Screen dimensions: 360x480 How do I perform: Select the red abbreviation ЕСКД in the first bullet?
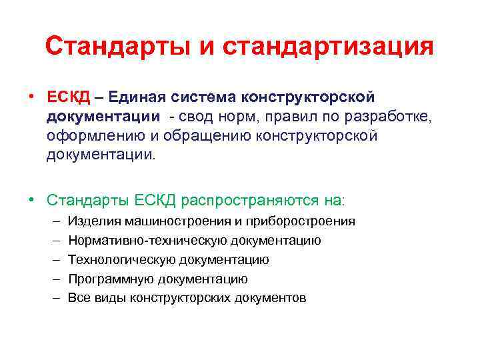click(x=69, y=98)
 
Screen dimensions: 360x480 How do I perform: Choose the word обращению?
click(x=210, y=137)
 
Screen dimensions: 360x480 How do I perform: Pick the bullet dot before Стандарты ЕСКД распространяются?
click(x=32, y=199)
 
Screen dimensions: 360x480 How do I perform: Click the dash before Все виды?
click(x=53, y=298)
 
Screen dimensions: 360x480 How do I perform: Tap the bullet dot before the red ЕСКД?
click(x=32, y=98)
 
